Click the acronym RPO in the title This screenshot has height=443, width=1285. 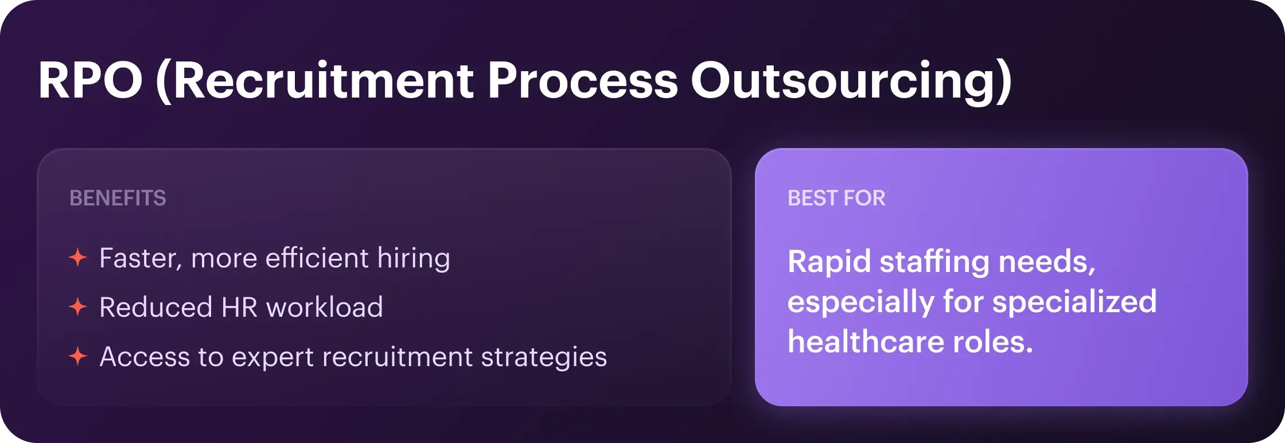point(91,80)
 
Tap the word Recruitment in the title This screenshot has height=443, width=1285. point(323,80)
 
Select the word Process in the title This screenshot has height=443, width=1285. point(583,80)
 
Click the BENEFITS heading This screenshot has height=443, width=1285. point(118,198)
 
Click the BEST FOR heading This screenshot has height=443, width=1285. point(836,198)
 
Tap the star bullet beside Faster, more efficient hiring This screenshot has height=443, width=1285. point(78,258)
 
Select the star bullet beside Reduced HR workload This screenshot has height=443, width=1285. point(78,307)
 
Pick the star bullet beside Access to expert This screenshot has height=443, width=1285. point(78,356)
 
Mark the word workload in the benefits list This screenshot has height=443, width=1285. point(325,307)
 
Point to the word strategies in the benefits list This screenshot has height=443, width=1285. point(544,357)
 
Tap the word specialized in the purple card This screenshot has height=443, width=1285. point(1074,303)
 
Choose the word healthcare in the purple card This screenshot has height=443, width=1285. point(866,342)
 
